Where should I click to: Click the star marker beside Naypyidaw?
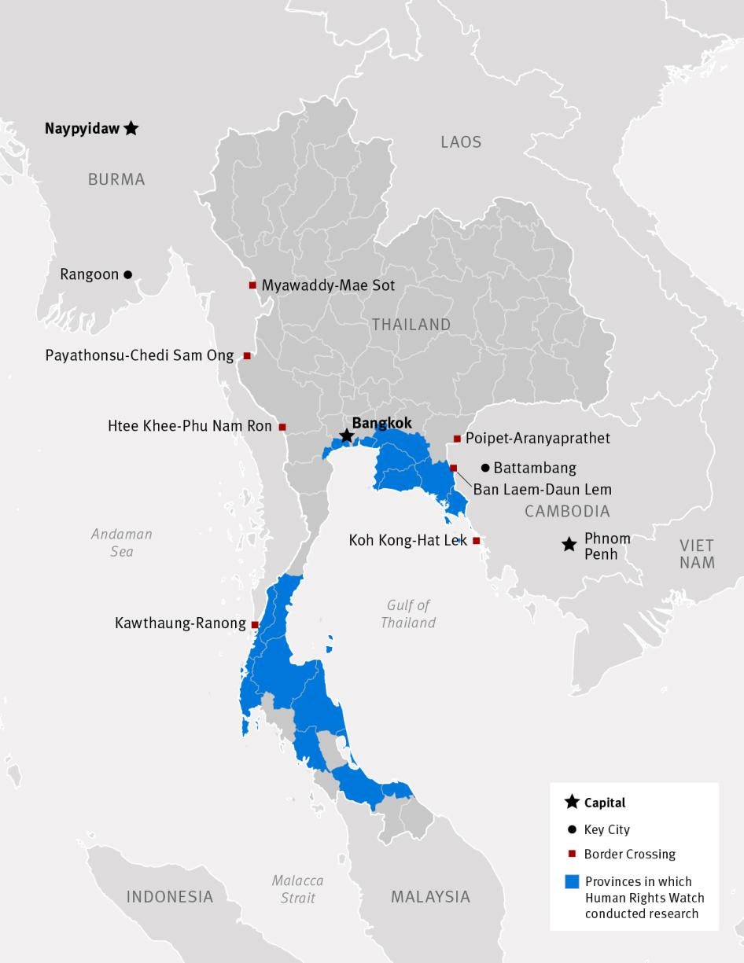[131, 128]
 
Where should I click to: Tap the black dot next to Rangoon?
[128, 274]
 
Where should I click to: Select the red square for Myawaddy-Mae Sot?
[252, 285]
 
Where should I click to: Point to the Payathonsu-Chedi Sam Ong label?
[139, 356]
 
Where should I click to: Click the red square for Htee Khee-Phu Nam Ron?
[282, 427]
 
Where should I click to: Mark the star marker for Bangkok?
[345, 436]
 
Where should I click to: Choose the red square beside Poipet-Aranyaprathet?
[457, 439]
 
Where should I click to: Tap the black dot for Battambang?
[485, 468]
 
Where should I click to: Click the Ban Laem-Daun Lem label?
[542, 490]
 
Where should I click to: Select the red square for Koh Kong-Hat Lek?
[476, 541]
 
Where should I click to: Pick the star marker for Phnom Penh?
[569, 544]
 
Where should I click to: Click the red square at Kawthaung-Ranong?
[255, 624]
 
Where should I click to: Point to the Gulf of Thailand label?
[408, 614]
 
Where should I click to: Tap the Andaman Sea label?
[122, 542]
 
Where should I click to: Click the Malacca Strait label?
[297, 889]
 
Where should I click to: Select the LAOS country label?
[461, 142]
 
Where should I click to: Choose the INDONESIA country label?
[170, 897]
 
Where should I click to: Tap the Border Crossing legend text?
[629, 855]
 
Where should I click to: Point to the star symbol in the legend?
[573, 803]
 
